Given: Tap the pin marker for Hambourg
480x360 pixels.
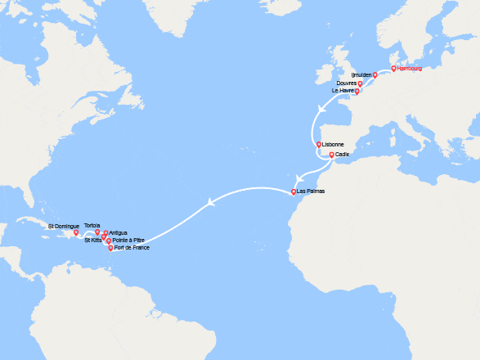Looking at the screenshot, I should [x=393, y=69].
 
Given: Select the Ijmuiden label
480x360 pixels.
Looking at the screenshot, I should [x=361, y=75].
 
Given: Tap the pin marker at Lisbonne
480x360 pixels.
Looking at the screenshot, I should [x=319, y=146].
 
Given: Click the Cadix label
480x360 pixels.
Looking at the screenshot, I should [x=343, y=155].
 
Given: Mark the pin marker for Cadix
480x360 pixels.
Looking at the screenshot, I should [x=331, y=155].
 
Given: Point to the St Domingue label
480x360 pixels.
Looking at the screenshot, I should [x=62, y=225].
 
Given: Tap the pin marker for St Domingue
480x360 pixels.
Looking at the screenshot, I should [x=76, y=232].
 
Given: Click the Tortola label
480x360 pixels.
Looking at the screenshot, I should [x=92, y=225].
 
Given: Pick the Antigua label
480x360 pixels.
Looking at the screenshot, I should [x=118, y=232].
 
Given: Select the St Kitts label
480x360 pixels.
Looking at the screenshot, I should [x=92, y=240].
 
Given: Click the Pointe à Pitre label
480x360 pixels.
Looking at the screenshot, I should [x=128, y=240].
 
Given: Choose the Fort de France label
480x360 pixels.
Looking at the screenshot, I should [x=132, y=247].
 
